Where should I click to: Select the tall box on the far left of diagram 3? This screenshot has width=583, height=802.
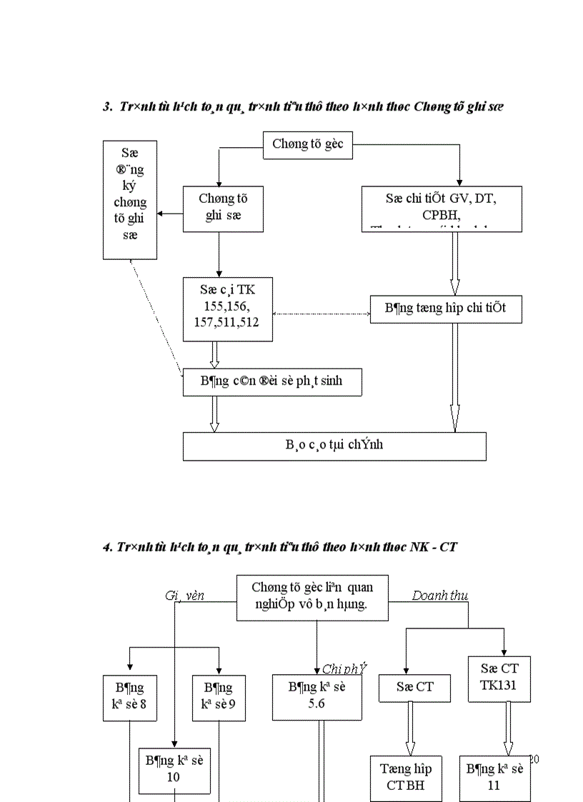[130, 200]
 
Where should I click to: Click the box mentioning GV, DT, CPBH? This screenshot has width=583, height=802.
[442, 209]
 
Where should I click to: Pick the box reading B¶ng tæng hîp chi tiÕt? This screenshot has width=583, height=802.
[446, 309]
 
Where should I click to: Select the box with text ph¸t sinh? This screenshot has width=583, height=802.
[272, 381]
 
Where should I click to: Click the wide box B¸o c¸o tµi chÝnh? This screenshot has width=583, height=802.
[334, 446]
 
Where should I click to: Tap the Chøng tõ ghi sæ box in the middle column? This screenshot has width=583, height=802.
[218, 209]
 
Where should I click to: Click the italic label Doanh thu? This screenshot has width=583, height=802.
[440, 596]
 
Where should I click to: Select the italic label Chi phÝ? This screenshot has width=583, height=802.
[344, 668]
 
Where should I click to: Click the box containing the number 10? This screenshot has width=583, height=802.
[174, 769]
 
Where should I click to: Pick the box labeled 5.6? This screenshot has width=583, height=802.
[317, 696]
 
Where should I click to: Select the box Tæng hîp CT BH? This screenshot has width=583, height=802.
[406, 778]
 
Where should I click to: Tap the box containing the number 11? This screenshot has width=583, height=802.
[494, 778]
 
